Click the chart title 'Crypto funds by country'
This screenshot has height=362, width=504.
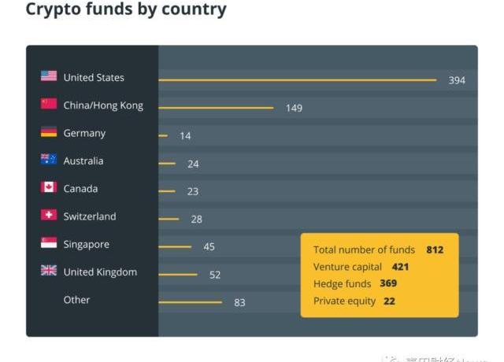(126, 10)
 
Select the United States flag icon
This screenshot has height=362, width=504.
(49, 76)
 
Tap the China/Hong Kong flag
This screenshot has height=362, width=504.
(49, 104)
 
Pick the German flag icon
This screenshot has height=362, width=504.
(49, 132)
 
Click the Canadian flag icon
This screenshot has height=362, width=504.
(49, 187)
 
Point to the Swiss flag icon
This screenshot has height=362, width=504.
(49, 215)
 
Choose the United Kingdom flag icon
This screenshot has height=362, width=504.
(49, 271)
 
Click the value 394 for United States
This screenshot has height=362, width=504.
(457, 80)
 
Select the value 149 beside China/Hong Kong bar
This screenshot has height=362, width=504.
(294, 108)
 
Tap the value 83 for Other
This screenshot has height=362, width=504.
(239, 302)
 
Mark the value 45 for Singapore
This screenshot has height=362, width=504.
(209, 246)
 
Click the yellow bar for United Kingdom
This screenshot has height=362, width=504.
(178, 275)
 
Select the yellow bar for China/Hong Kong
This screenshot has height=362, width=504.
(216, 108)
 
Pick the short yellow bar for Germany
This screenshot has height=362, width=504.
(163, 136)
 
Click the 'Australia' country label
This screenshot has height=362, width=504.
(83, 161)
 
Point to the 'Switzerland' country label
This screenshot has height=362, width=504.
(90, 216)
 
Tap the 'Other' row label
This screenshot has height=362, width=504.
(76, 300)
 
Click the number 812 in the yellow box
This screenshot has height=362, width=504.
(435, 249)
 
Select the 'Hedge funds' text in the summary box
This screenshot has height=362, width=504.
(341, 284)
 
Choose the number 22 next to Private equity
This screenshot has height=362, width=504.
(389, 301)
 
